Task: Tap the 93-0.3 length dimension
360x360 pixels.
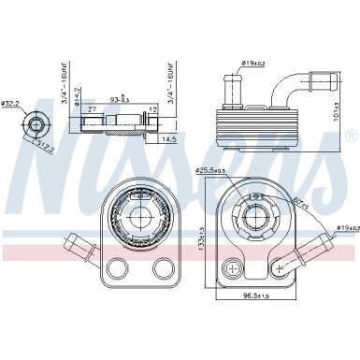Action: [x=120, y=96]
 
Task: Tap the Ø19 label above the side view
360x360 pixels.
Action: [x=253, y=63]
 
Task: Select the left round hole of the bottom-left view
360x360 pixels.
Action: [x=117, y=269]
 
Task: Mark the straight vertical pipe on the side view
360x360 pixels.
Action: [x=232, y=90]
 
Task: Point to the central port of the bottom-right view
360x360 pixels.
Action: [x=259, y=222]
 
